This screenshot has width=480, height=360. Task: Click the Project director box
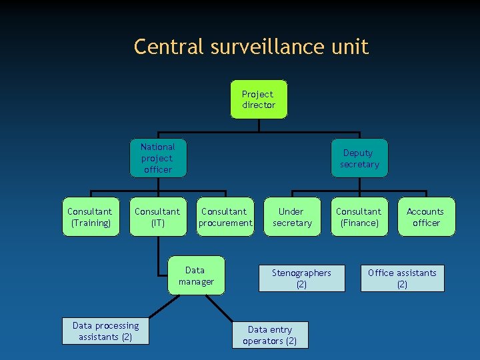(259, 100)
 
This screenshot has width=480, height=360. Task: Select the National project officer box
(158, 158)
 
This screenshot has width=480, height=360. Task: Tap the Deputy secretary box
(359, 159)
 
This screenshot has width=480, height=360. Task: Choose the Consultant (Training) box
(91, 217)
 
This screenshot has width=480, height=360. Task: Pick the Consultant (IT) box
(158, 217)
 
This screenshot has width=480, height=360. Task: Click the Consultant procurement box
(225, 217)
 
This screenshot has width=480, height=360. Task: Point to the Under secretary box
(292, 217)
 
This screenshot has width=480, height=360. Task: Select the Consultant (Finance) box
(359, 217)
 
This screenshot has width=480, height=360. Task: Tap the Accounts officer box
(427, 217)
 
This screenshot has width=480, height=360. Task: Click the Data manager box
(196, 275)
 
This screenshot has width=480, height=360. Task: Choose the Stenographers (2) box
(302, 278)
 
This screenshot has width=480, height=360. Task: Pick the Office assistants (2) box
(402, 278)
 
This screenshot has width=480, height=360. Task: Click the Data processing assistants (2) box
(106, 331)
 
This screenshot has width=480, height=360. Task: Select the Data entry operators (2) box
(271, 335)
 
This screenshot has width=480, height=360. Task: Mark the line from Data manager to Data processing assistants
(163, 305)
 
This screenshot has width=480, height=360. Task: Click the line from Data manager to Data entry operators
(223, 309)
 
